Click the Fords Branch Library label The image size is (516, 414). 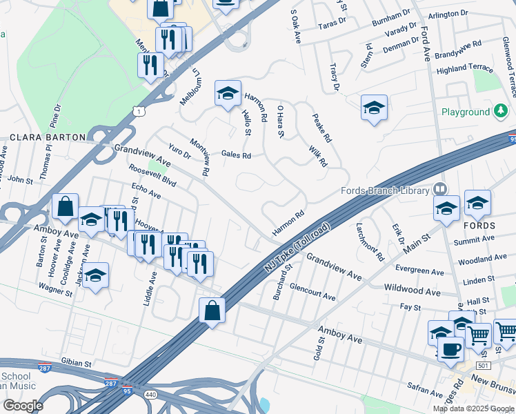pos(385,190)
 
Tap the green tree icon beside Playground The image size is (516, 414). pos(501,111)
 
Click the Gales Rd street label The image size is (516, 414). pos(236,155)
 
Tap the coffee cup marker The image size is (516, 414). pos(450,350)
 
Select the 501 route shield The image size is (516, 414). pos(482,366)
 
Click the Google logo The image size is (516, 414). pos(22,406)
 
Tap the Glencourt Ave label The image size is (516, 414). pos(312,291)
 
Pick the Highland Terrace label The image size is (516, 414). pos(465,69)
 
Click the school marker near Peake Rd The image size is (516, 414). pos(374,108)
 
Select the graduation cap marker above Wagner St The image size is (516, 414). pos(96,275)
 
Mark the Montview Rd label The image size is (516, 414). pos(199,157)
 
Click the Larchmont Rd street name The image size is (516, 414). pos(370,241)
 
